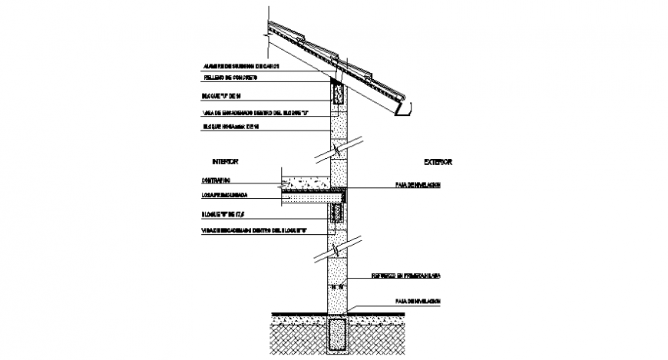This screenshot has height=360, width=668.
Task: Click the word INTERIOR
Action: pos(225,162)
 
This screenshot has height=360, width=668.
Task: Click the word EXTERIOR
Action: pos(438,163)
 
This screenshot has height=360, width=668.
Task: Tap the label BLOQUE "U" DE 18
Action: pos(223,96)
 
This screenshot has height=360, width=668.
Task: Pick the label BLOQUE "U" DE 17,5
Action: pos(227,215)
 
